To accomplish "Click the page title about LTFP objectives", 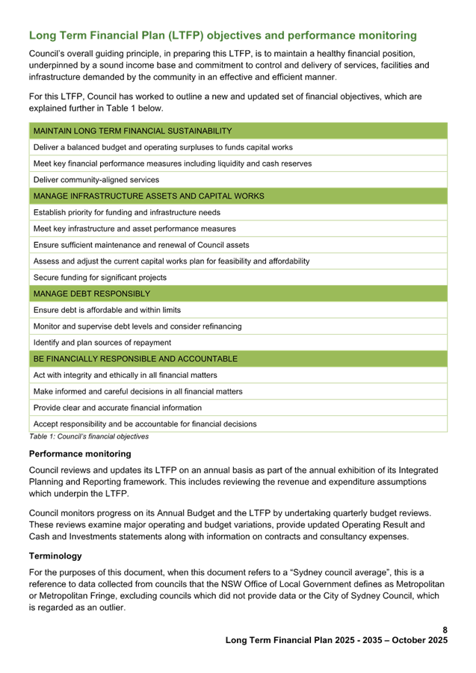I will coord(223,36).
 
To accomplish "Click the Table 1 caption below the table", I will coord(88,436).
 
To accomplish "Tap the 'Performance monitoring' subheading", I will coord(80,453).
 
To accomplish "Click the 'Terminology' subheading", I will coord(55,556).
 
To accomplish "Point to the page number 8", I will coord(445,630).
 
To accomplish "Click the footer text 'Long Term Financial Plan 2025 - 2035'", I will coord(336,641).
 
